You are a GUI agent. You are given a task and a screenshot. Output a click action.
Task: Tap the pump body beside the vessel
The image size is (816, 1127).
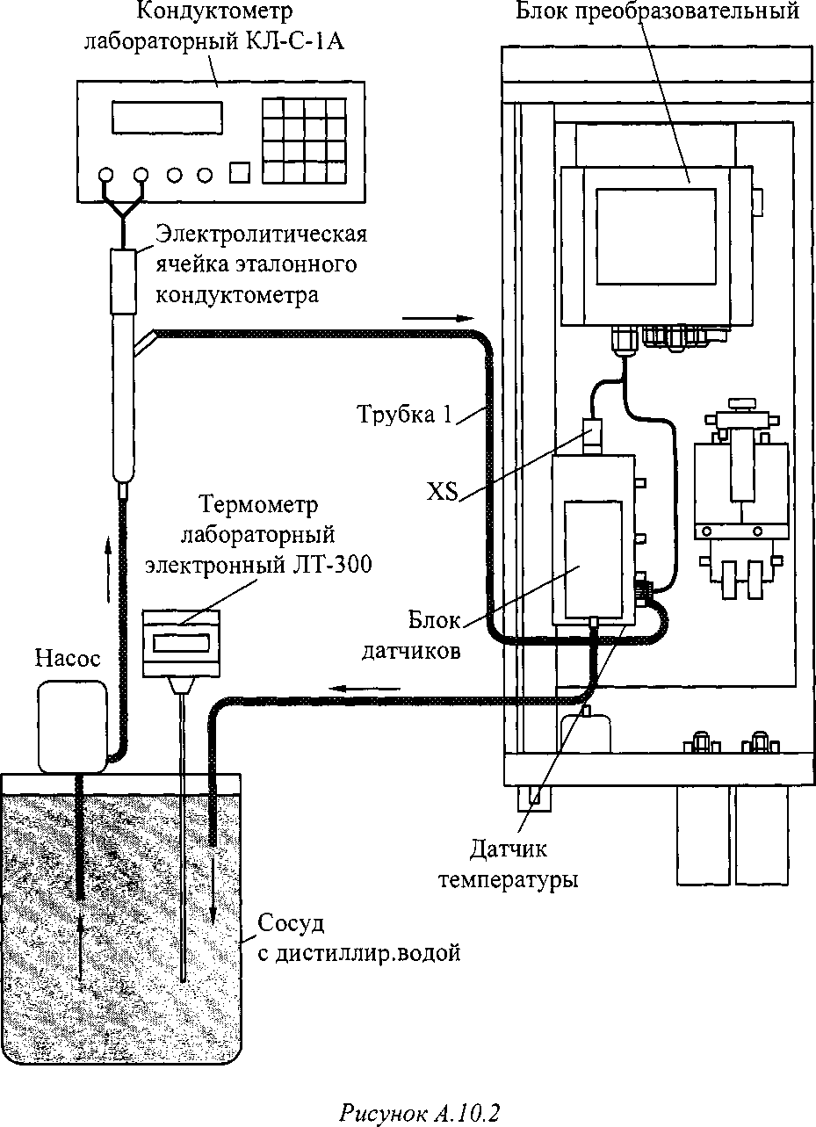pyautogui.click(x=71, y=726)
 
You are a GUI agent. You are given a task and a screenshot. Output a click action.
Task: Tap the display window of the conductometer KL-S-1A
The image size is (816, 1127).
pyautogui.click(x=166, y=118)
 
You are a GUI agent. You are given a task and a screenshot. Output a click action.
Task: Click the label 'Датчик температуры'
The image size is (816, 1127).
pyautogui.click(x=508, y=864)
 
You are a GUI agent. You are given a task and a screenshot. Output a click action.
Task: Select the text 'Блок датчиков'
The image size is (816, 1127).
pyautogui.click(x=432, y=635)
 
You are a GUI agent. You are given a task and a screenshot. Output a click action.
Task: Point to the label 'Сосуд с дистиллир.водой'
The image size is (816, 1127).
pyautogui.click(x=358, y=938)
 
